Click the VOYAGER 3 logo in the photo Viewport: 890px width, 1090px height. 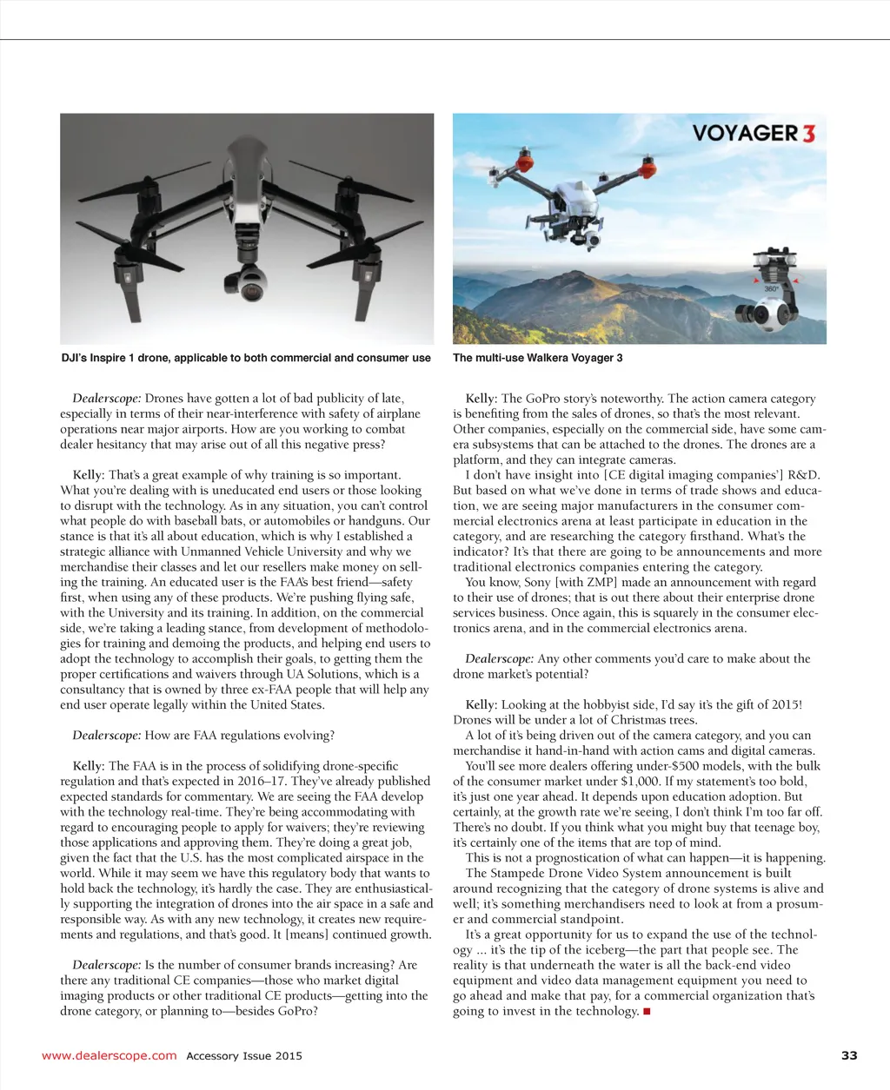point(754,134)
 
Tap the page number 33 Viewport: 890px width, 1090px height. point(849,1055)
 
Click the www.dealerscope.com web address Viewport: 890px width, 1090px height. point(110,1055)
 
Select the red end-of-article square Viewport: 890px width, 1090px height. point(647,1012)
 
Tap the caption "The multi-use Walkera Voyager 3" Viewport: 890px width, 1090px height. point(537,358)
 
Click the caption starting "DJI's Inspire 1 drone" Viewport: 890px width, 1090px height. point(246,358)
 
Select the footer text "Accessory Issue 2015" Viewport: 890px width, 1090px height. point(244,1056)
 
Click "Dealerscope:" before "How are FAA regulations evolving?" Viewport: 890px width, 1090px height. point(106,736)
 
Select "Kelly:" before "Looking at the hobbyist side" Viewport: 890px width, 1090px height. point(482,705)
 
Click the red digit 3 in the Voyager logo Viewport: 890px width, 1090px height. point(808,134)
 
